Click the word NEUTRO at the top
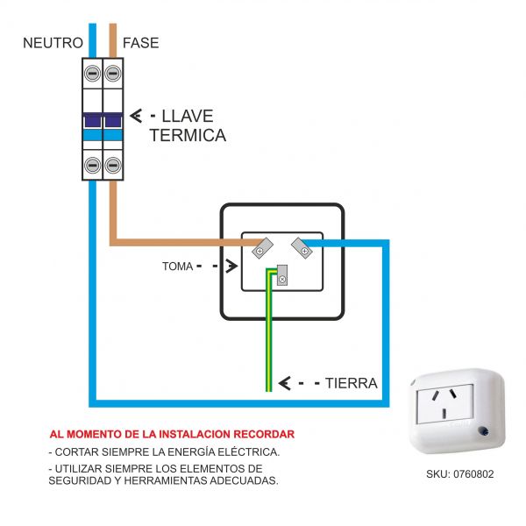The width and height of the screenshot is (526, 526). pyautogui.click(x=53, y=42)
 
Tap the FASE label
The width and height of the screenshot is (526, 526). pyautogui.click(x=141, y=42)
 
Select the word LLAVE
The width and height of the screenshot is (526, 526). pyautogui.click(x=188, y=116)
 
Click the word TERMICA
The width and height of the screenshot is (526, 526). pyautogui.click(x=188, y=135)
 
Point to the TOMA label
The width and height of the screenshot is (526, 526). pyautogui.click(x=177, y=264)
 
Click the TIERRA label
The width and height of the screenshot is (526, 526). pyautogui.click(x=351, y=383)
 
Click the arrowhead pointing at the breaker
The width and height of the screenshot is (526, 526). pyautogui.click(x=137, y=116)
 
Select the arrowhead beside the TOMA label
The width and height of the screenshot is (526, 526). pyautogui.click(x=229, y=264)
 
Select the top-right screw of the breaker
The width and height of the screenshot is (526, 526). pyautogui.click(x=112, y=74)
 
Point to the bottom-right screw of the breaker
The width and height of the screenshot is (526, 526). pyautogui.click(x=112, y=164)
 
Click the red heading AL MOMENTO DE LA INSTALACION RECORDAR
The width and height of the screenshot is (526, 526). pyautogui.click(x=172, y=434)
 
